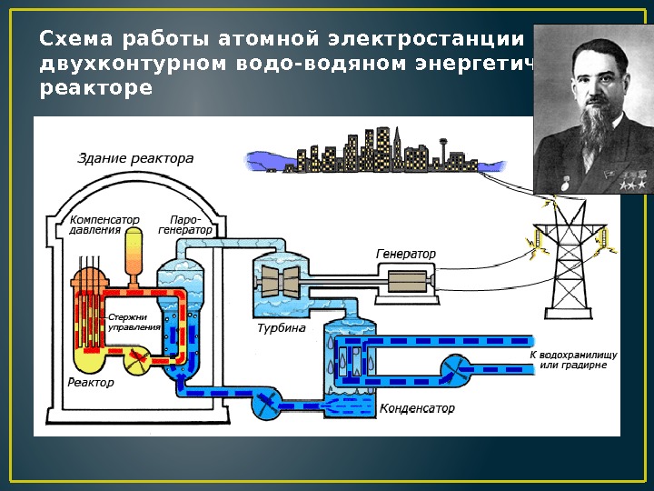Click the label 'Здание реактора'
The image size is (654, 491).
tap(135, 159)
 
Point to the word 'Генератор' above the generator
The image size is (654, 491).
tap(406, 253)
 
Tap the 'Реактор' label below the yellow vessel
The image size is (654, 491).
tap(92, 383)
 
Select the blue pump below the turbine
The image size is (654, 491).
tap(265, 401)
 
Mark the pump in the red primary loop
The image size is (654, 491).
tap(139, 359)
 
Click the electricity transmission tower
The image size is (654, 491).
tap(570, 264)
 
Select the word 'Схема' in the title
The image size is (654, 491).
tap(74, 41)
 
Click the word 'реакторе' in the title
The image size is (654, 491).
tap(96, 92)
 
